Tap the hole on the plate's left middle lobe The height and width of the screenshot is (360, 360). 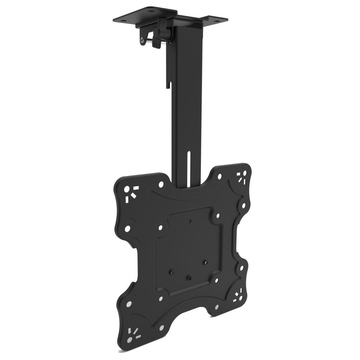[x=127, y=228]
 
